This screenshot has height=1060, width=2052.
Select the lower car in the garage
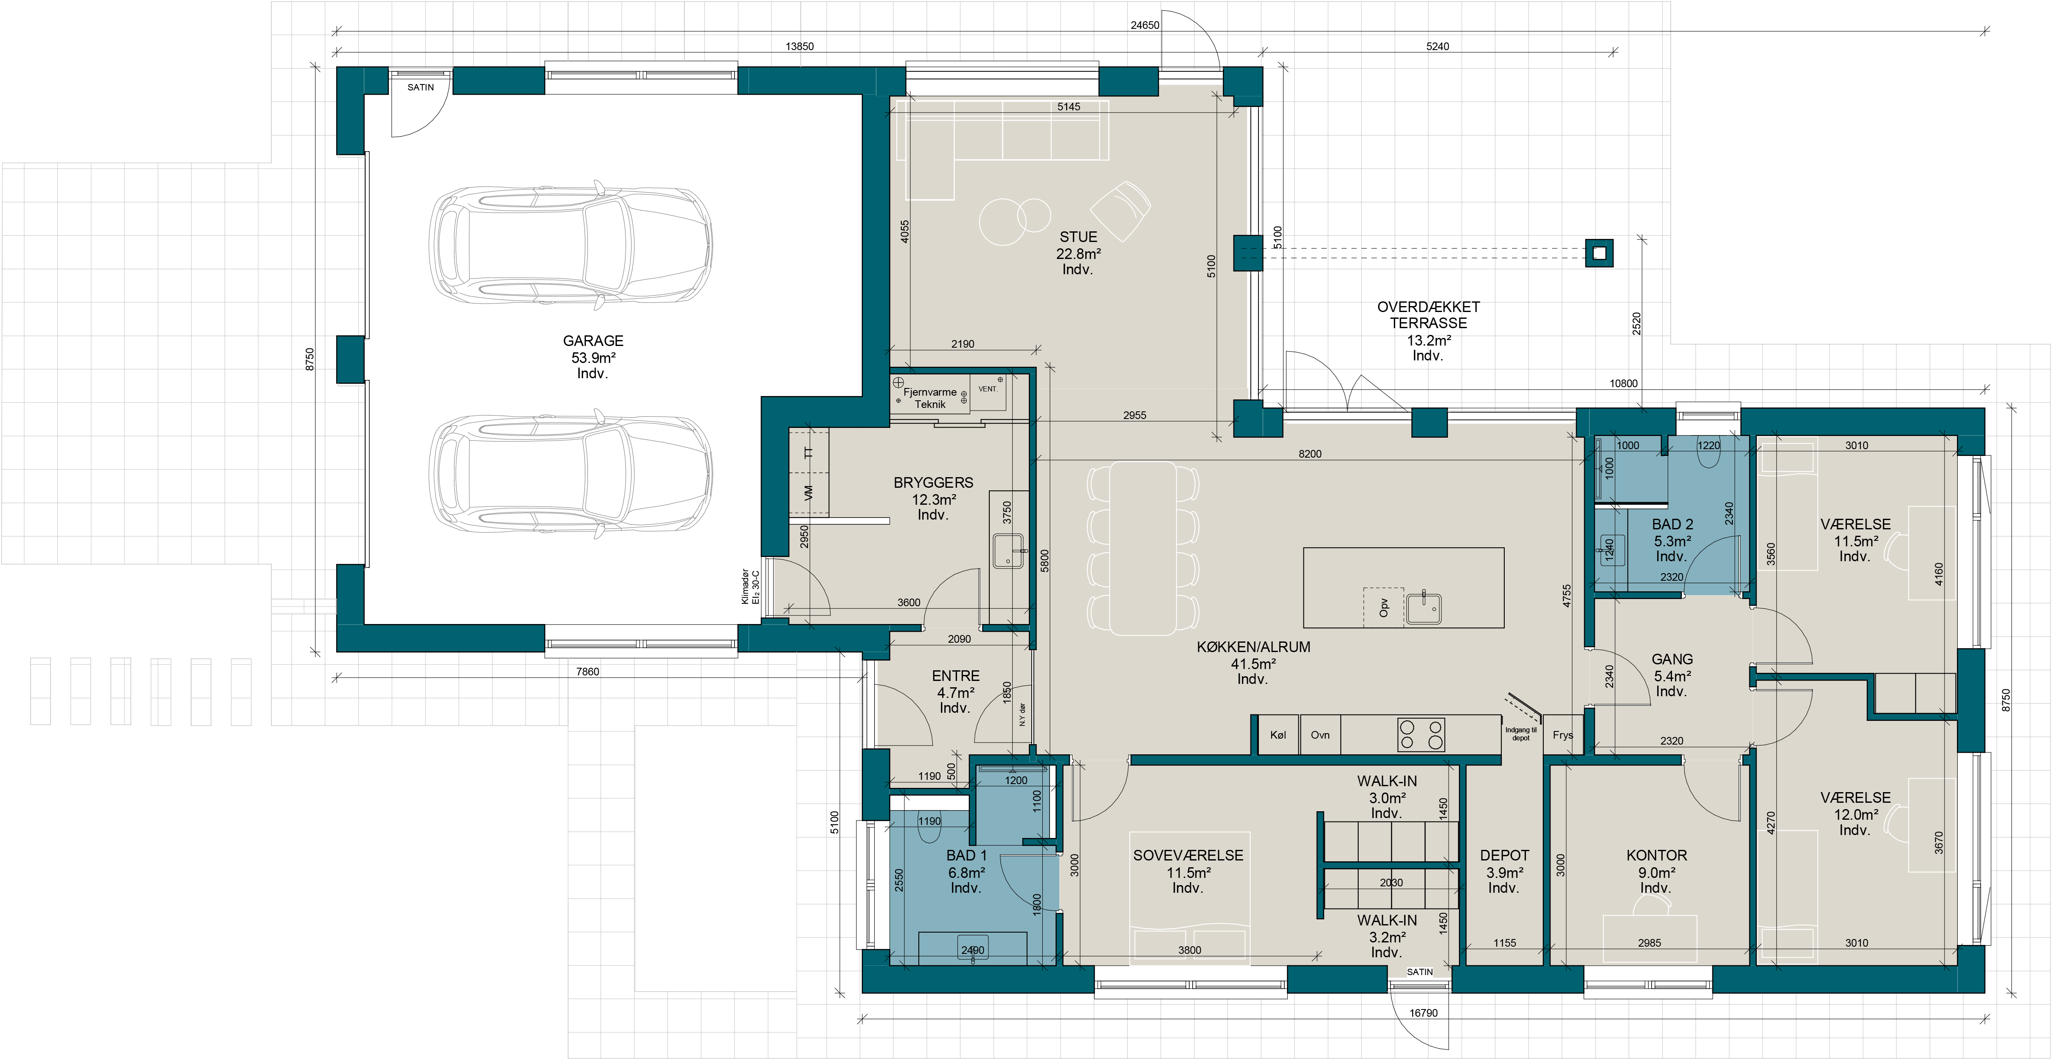(x=570, y=473)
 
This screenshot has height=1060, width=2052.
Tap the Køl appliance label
(x=1278, y=735)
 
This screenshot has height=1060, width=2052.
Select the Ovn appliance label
(x=1320, y=735)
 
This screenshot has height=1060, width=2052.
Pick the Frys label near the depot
(x=1562, y=735)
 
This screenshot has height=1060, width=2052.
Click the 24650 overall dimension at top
(x=1145, y=25)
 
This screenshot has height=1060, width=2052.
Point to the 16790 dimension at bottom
(x=1424, y=1013)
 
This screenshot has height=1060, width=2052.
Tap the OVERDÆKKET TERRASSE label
(x=1428, y=315)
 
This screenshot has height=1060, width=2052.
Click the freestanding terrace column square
(x=1599, y=254)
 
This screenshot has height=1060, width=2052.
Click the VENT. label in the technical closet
(x=988, y=389)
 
